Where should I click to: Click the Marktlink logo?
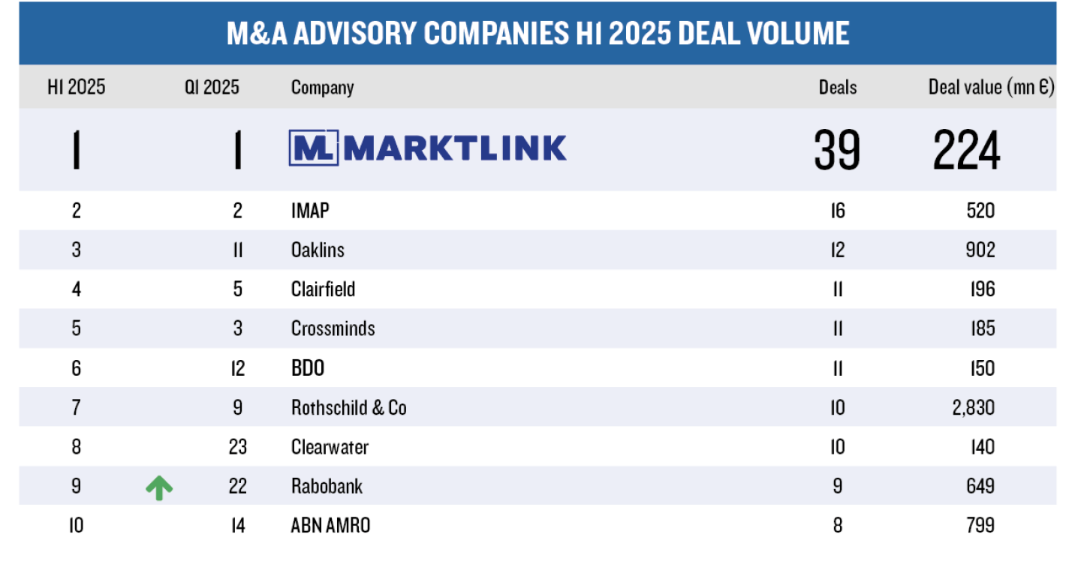click(427, 148)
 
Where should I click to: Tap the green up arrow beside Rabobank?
click(159, 487)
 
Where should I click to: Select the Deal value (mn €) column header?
click(991, 88)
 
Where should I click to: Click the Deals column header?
click(837, 88)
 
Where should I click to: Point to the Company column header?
click(322, 88)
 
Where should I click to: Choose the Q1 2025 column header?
click(212, 88)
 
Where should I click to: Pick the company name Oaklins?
click(318, 250)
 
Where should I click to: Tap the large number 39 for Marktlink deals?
click(837, 149)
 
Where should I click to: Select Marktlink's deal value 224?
click(966, 149)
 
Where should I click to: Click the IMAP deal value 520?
click(980, 211)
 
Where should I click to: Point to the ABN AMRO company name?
click(330, 526)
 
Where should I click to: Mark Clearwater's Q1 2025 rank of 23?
click(237, 447)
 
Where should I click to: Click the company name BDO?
click(308, 368)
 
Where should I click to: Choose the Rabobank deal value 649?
click(980, 486)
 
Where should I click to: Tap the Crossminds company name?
click(333, 328)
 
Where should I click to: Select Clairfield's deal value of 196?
click(982, 289)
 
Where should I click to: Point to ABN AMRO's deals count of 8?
click(837, 526)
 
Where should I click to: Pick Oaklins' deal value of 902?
click(980, 250)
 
